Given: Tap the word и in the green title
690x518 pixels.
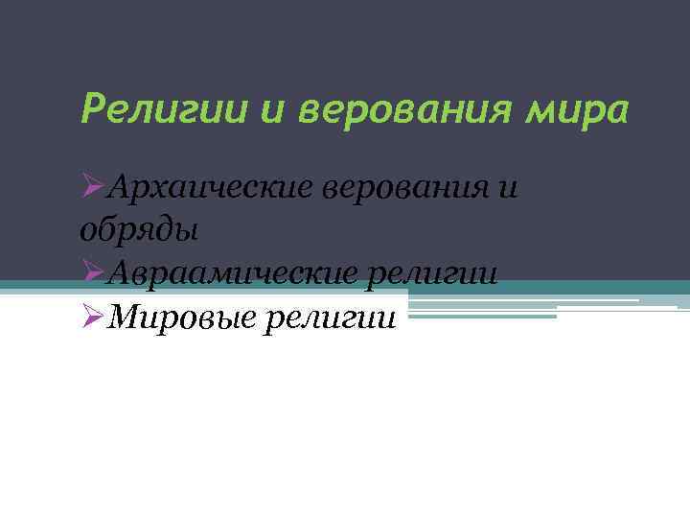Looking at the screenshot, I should coord(273,109).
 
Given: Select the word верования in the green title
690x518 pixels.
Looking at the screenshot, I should coord(403,110).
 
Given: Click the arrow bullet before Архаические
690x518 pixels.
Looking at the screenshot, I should coord(92,186).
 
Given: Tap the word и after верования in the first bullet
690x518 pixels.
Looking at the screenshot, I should coord(508,188).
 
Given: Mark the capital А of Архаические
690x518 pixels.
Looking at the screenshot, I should coord(119,186).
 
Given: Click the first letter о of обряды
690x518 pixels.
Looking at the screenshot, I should coord(84,231).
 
